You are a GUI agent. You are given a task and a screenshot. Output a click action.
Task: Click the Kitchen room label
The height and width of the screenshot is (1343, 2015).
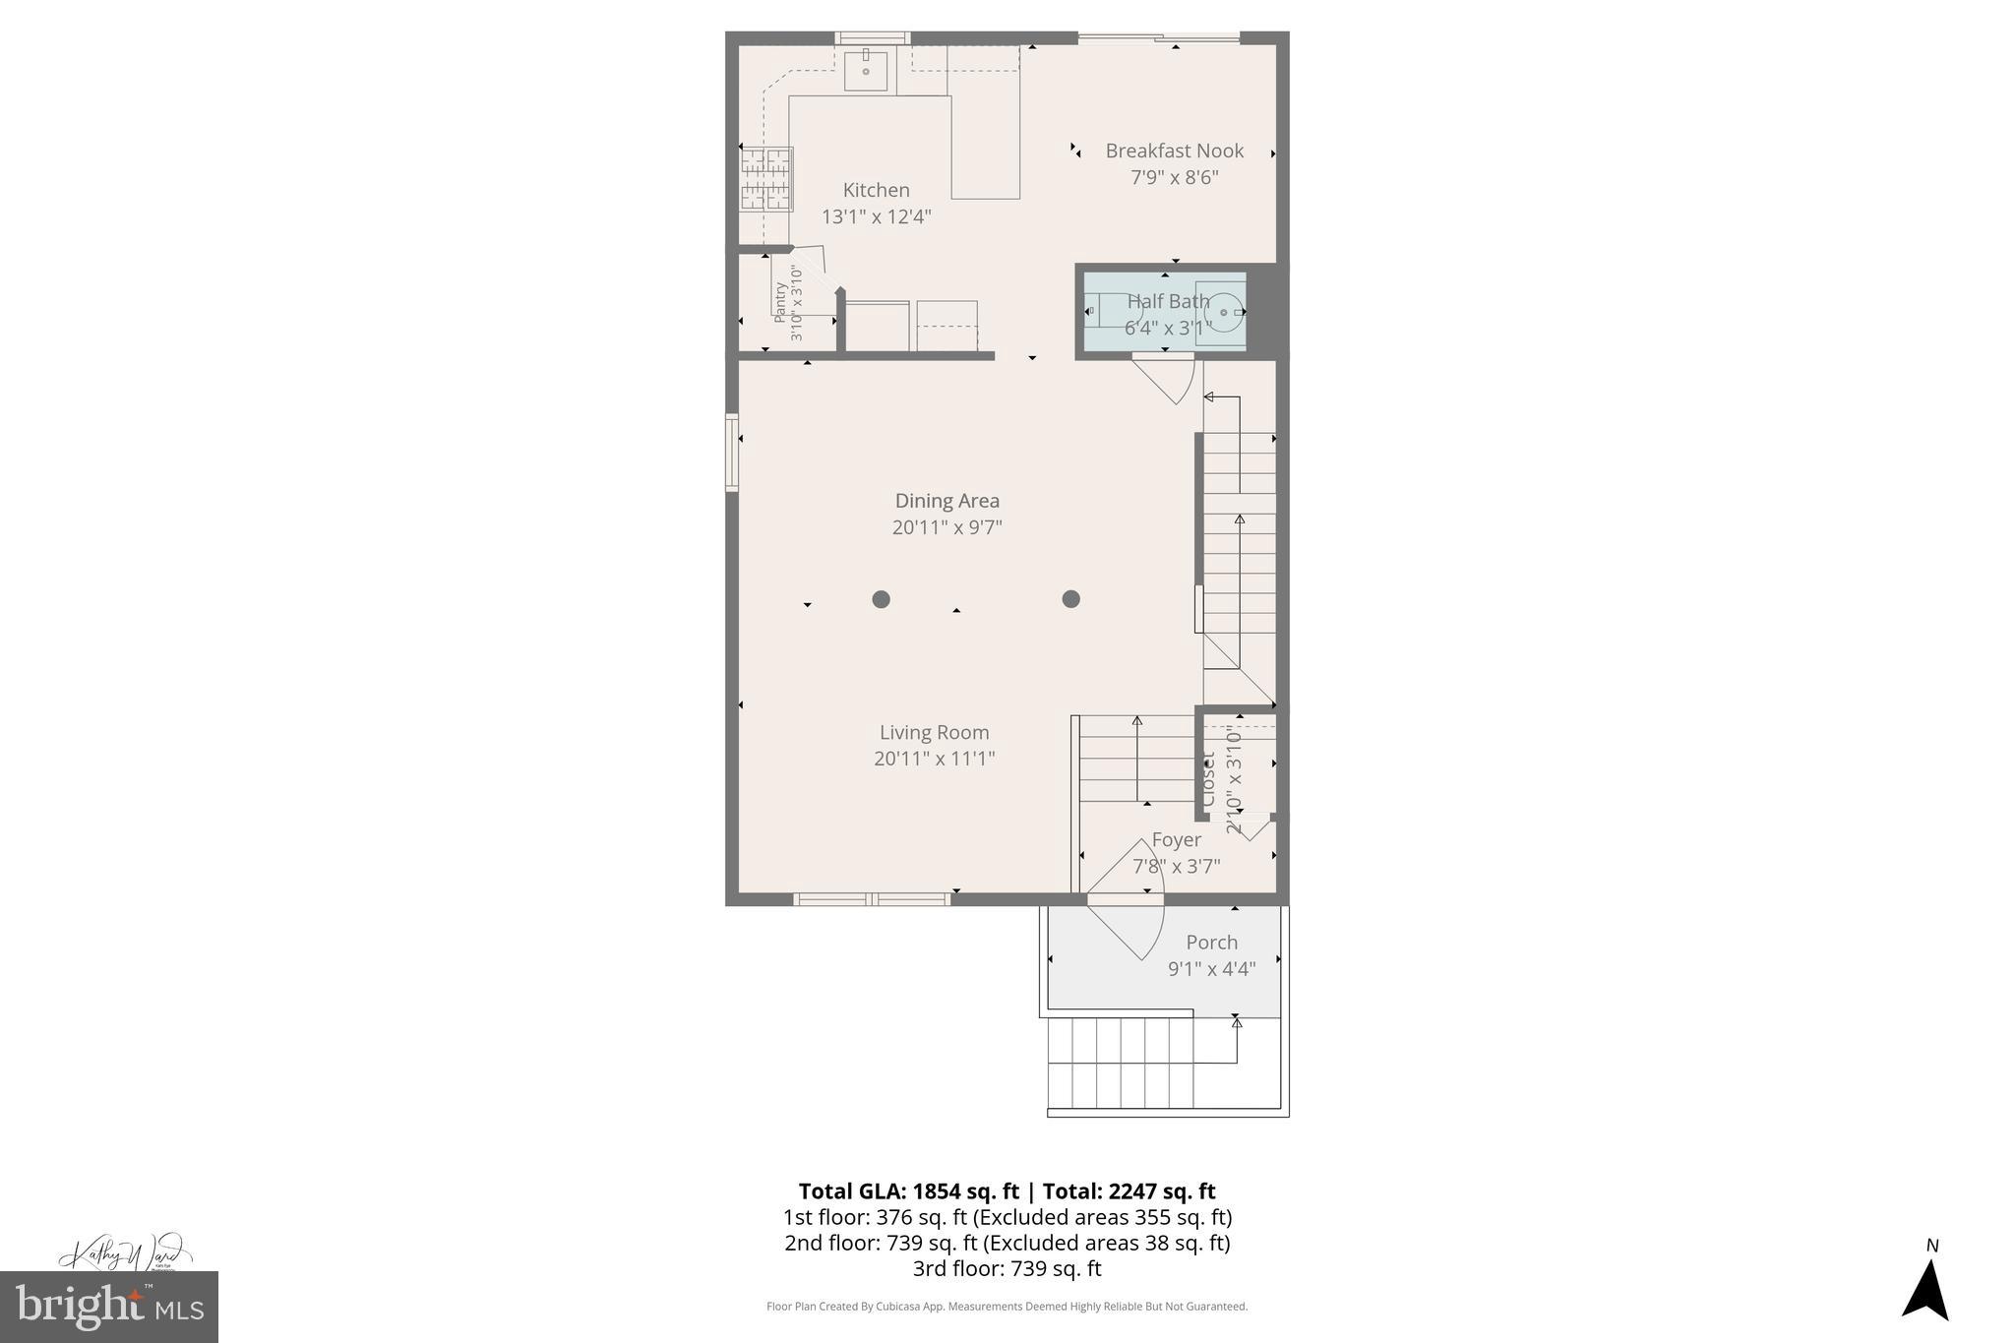[876, 190]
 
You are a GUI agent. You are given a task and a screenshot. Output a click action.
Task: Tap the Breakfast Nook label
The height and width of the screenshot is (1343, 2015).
[1174, 151]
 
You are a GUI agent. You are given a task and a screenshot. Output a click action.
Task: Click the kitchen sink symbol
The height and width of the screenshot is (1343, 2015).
[866, 71]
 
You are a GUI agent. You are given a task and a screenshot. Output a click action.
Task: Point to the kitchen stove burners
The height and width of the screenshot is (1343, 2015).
[766, 178]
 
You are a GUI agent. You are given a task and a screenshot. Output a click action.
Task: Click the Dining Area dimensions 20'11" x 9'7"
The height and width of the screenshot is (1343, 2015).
[946, 527]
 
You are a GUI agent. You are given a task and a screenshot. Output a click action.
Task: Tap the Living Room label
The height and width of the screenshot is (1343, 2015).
[934, 732]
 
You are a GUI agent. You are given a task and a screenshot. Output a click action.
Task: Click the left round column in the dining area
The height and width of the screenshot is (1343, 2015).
[881, 599]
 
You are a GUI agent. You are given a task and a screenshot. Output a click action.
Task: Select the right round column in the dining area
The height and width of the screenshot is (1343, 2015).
[1070, 599]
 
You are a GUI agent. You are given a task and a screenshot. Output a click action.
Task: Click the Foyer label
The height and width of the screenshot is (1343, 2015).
[1176, 839]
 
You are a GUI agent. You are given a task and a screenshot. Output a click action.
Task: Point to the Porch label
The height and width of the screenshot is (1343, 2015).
[1211, 942]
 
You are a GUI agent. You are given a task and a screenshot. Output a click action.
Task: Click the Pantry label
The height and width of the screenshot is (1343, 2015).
[780, 303]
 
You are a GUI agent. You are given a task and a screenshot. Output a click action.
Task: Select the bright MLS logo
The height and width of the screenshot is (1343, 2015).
[109, 1307]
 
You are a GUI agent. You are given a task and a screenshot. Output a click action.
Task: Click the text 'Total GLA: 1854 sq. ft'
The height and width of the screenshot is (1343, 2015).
[908, 1191]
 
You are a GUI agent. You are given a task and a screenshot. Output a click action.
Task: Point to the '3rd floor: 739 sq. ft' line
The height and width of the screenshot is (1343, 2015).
[1007, 1268]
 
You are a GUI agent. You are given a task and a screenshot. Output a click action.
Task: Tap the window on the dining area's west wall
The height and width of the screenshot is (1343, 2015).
[731, 452]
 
